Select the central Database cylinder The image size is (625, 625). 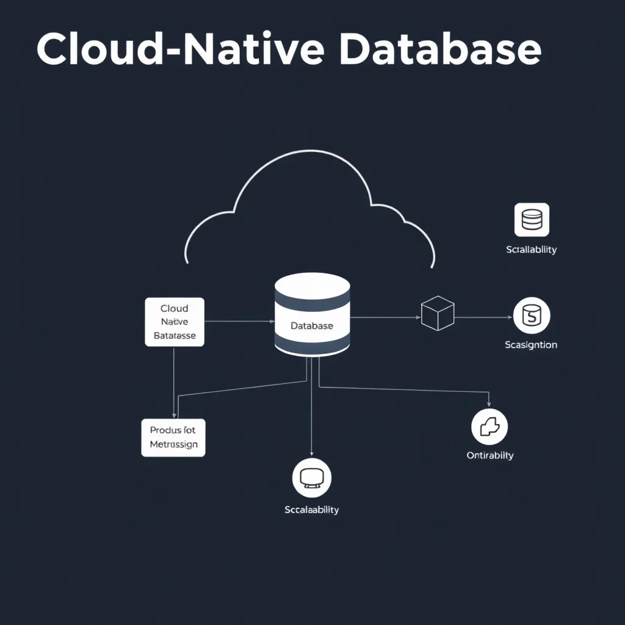click(x=312, y=314)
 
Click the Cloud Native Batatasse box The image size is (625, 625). click(x=175, y=322)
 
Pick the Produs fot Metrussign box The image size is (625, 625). click(x=173, y=437)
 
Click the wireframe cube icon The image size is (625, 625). click(x=438, y=313)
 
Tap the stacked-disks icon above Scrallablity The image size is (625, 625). click(x=532, y=220)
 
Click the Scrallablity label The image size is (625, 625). click(x=532, y=250)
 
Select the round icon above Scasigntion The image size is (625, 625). click(x=532, y=316)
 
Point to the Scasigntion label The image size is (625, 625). click(x=531, y=345)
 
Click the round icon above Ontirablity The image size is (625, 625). click(x=490, y=427)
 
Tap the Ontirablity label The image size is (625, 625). click(x=490, y=455)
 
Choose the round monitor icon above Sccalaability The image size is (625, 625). click(x=312, y=477)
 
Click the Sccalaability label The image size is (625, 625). click(x=312, y=510)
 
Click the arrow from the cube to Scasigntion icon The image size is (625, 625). click(x=483, y=317)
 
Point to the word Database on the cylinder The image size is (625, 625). click(x=312, y=326)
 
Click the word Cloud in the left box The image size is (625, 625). click(x=175, y=309)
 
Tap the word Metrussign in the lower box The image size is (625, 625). click(x=174, y=444)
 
